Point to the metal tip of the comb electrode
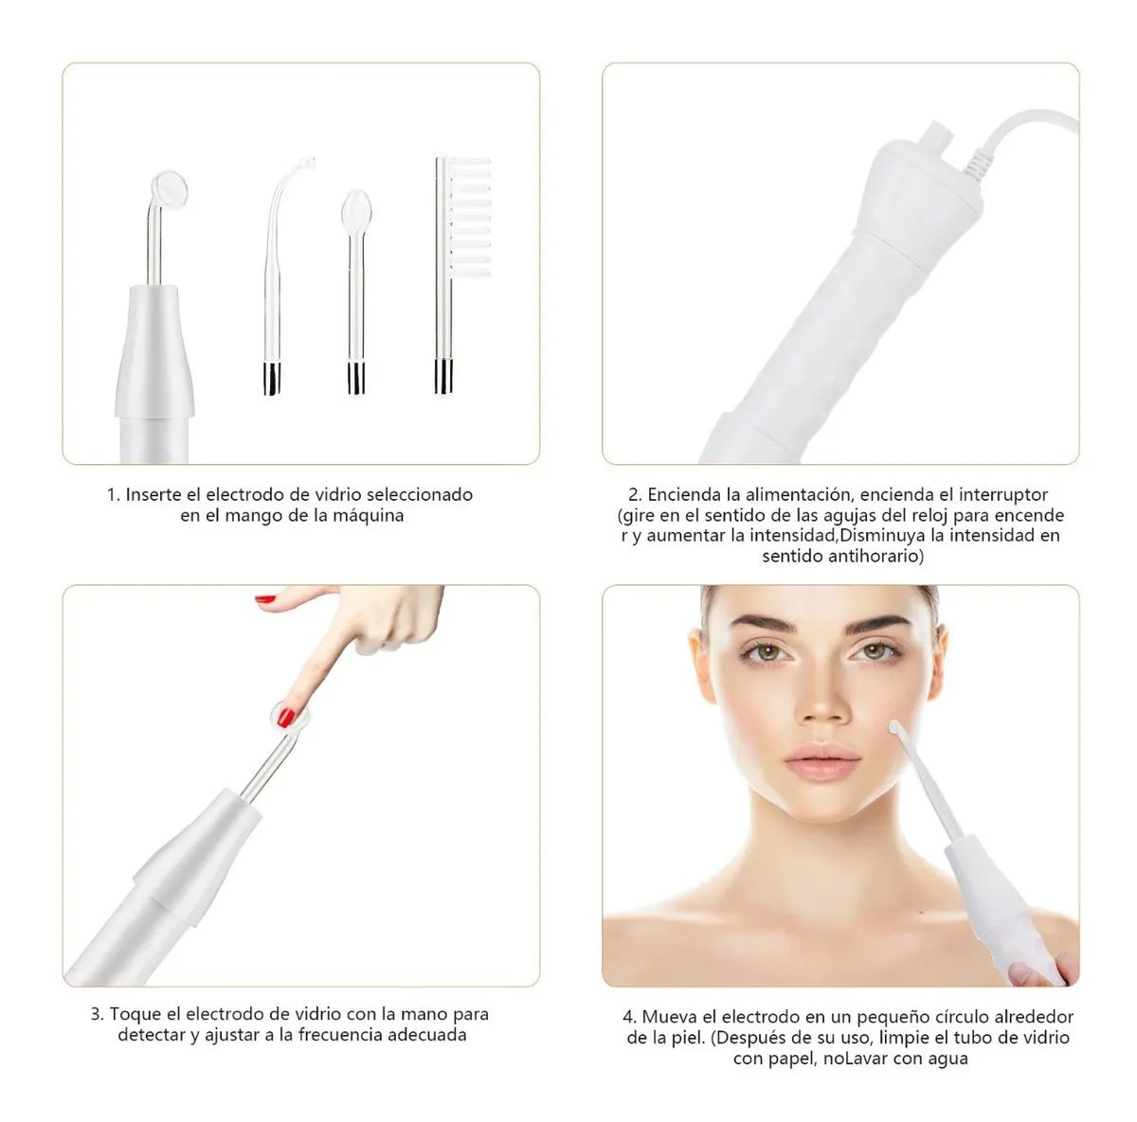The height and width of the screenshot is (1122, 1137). (x=443, y=376)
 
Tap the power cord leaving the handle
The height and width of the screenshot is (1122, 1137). (x=1023, y=128)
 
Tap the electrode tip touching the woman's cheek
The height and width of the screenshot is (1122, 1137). (x=896, y=730)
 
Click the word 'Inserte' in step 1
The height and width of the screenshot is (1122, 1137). (x=153, y=494)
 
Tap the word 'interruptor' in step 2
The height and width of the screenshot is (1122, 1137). (x=1003, y=494)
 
